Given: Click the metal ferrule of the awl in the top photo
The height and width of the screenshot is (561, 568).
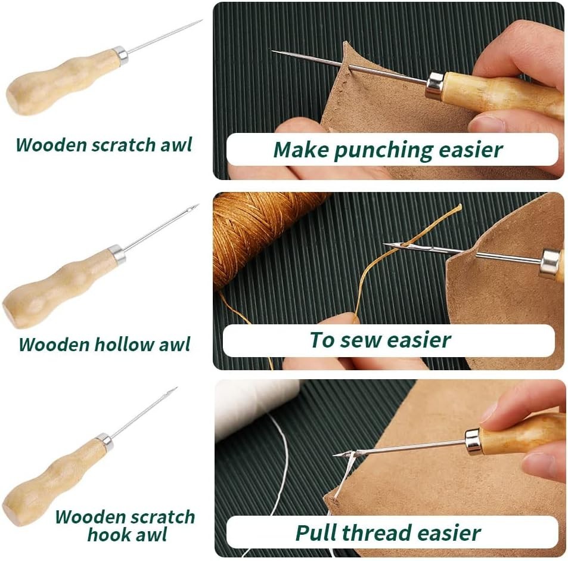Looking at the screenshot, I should (x=434, y=85).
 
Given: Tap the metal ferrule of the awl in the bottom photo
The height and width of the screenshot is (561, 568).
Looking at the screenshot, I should (x=473, y=442).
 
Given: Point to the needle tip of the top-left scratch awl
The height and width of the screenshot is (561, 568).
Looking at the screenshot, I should (x=200, y=21).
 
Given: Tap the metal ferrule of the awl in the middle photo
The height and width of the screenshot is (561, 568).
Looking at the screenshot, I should (x=550, y=263).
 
